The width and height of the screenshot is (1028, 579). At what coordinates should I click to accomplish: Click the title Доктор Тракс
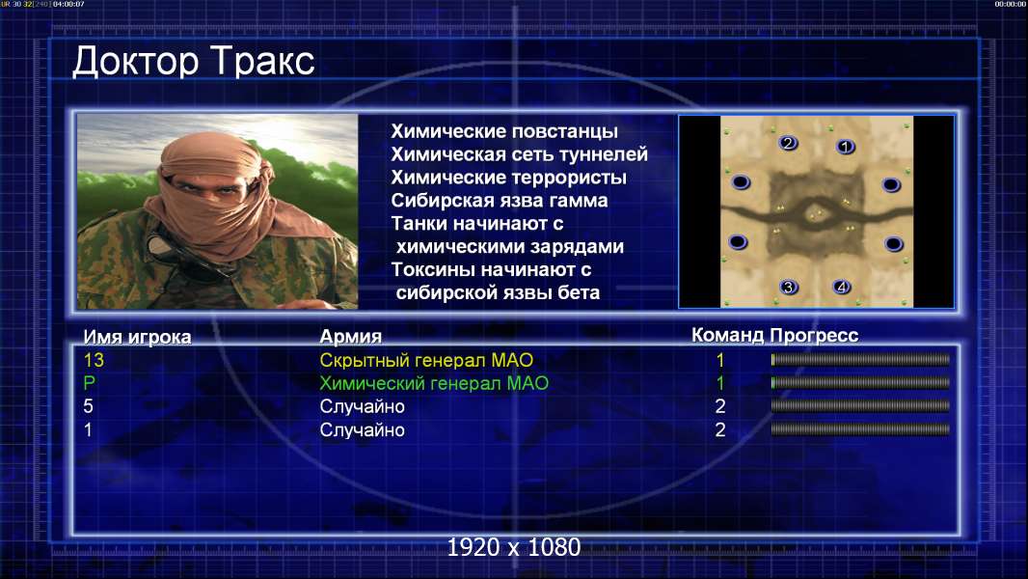194,62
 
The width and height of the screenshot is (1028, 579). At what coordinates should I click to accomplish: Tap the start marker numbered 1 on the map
845,147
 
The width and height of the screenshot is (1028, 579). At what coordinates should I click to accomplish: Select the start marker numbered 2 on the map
787,143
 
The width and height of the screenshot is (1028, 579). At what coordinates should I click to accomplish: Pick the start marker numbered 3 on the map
788,287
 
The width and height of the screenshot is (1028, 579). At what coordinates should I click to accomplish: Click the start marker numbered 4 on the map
841,287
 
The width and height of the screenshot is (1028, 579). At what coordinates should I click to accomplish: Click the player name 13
94,360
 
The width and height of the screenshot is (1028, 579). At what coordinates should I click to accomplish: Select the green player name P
89,383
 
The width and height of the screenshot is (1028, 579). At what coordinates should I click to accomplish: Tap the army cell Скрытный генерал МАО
426,360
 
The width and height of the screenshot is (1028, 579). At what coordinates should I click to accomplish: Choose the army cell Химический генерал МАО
434,383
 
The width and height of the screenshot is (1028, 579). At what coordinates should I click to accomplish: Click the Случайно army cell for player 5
362,406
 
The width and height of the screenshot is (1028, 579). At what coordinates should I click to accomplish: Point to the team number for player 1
719,430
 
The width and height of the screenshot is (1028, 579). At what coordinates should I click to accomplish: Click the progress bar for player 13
860,359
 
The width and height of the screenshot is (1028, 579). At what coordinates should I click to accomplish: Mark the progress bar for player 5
860,406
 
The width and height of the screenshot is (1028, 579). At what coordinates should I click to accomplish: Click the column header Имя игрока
137,337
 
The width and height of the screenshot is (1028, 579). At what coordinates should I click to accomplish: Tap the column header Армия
350,337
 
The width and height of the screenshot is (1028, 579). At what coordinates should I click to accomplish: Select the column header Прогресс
814,335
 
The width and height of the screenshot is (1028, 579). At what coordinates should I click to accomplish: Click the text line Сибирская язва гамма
499,200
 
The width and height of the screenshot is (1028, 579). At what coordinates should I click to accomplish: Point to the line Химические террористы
509,177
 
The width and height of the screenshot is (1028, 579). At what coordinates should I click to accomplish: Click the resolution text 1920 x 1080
513,547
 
